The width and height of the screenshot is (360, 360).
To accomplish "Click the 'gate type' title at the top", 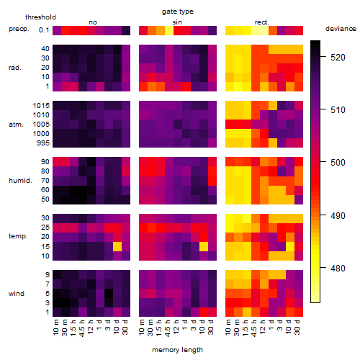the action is click(178, 12).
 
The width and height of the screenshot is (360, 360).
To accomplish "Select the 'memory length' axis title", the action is click(177, 350).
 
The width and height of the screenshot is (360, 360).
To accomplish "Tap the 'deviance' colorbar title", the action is click(341, 29).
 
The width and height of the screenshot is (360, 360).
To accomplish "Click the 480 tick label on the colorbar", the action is click(338, 268).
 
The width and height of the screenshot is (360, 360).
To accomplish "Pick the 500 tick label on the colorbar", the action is click(338, 163).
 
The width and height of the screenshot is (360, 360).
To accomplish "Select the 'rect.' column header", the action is click(262, 22).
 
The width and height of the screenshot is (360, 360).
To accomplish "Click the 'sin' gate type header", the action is click(177, 22).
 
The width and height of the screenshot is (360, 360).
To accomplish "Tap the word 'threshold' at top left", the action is click(40, 17).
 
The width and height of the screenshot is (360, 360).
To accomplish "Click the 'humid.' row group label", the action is click(20, 181).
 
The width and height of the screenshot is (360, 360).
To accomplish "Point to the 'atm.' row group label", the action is click(16, 125).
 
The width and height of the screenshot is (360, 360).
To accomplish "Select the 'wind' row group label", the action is click(17, 294).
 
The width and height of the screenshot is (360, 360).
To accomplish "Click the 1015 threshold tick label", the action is click(41, 106).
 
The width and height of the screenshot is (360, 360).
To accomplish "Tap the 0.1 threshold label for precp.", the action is click(44, 30).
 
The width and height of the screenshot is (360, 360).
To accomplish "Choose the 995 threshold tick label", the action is click(43, 143).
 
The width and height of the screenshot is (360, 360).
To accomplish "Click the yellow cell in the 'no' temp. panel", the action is click(117, 246).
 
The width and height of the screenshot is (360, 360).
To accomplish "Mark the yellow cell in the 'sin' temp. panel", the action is click(204, 246).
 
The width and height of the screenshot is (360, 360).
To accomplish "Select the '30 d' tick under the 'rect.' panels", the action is click(297, 327).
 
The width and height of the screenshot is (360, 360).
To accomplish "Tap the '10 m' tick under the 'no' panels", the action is click(56, 328).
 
